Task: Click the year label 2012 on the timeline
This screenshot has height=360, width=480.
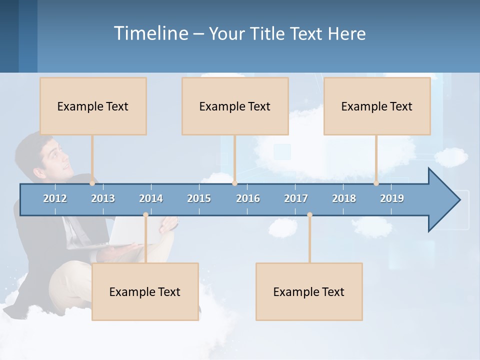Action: tap(55, 198)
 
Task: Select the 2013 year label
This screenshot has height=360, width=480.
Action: tap(103, 198)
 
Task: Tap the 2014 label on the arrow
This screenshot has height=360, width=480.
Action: tap(151, 198)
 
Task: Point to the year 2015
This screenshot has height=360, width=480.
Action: tap(199, 198)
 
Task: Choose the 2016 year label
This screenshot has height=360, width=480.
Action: tap(248, 198)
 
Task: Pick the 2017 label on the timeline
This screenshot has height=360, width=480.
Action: tap(296, 198)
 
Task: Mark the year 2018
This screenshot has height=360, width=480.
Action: tap(344, 198)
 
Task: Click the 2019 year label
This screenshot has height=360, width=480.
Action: tap(392, 198)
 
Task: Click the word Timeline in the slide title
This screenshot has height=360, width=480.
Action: tap(150, 33)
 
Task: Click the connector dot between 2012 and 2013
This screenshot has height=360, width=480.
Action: tap(92, 183)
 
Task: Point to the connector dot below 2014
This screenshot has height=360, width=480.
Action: tap(145, 215)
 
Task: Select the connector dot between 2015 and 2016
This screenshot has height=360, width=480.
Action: tap(234, 183)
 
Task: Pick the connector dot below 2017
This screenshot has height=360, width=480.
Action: tap(309, 215)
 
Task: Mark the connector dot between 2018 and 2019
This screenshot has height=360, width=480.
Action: tap(376, 183)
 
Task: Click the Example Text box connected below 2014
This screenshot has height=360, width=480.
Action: tap(145, 291)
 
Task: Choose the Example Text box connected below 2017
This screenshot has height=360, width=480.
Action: tap(309, 291)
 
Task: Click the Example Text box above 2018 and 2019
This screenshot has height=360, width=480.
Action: tap(377, 106)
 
